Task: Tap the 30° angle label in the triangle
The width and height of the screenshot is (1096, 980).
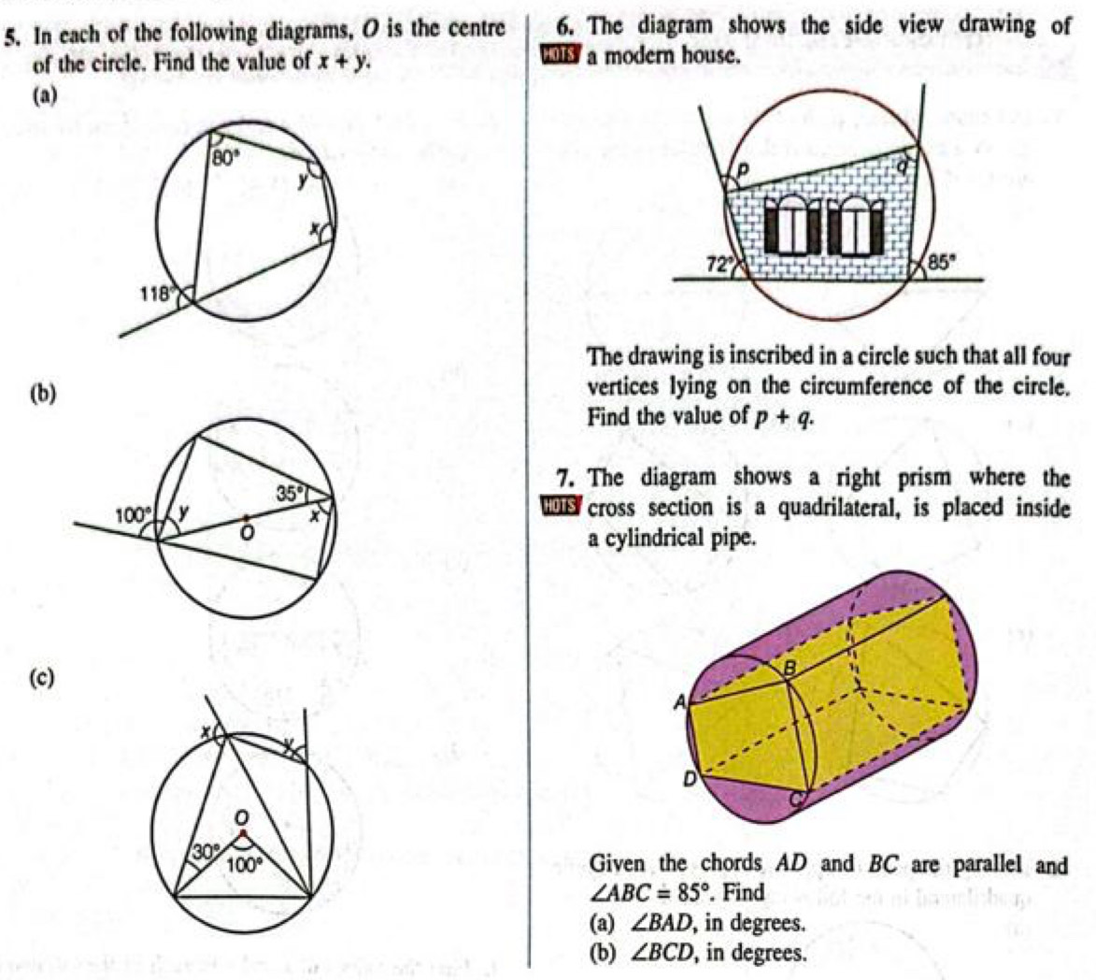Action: pyautogui.click(x=205, y=851)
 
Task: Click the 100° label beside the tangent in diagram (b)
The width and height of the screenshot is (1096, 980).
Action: pyautogui.click(x=131, y=514)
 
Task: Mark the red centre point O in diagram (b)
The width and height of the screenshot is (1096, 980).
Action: pyautogui.click(x=246, y=517)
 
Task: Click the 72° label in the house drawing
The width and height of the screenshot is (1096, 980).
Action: pyautogui.click(x=718, y=265)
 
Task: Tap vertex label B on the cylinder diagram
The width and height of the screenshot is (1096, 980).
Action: pyautogui.click(x=787, y=667)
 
